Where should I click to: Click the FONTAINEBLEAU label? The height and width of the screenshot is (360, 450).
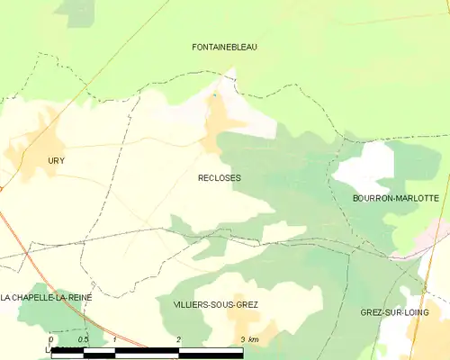pyautogui.click(x=225, y=47)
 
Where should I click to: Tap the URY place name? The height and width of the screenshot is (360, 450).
pyautogui.click(x=57, y=160)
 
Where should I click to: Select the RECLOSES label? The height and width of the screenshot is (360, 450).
pyautogui.click(x=219, y=178)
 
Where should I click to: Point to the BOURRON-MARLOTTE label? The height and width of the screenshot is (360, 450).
pyautogui.click(x=396, y=198)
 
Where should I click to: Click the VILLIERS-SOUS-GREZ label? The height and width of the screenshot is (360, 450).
pyautogui.click(x=214, y=305)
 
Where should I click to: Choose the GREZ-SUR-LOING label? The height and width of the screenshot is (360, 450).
pyautogui.click(x=393, y=312)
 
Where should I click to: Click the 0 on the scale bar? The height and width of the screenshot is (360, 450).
pyautogui.click(x=51, y=338)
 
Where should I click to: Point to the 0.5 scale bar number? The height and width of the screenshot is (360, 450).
pyautogui.click(x=83, y=338)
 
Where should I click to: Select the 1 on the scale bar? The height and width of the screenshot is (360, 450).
pyautogui.click(x=115, y=338)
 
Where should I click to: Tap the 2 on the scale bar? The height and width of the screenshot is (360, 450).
pyautogui.click(x=179, y=338)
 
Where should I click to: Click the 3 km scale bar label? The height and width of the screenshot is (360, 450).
pyautogui.click(x=249, y=338)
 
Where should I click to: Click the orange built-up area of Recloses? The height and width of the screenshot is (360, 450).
pyautogui.click(x=217, y=121)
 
